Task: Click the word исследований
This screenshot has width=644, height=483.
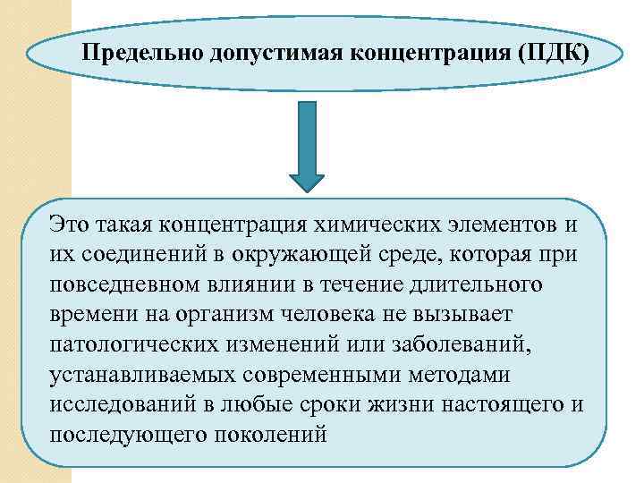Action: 125,405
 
